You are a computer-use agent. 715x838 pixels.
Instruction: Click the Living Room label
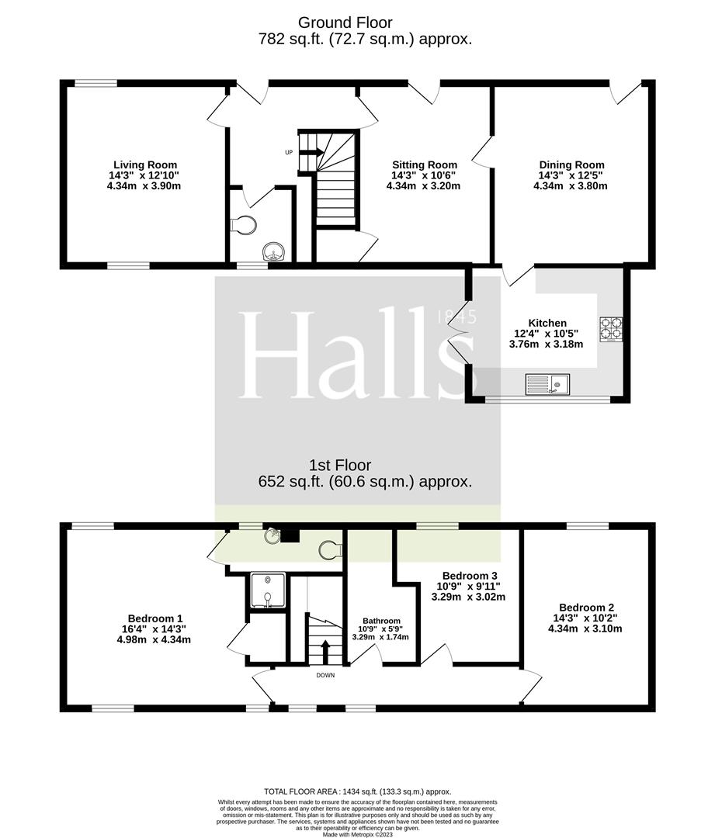point(145,165)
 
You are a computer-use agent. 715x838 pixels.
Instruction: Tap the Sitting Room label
point(424,165)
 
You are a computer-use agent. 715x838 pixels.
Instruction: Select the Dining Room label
point(571,165)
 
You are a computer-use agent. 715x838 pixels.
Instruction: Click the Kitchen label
point(547,323)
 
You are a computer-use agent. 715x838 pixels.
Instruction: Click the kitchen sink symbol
point(547,383)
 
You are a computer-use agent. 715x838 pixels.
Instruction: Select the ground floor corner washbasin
point(274,251)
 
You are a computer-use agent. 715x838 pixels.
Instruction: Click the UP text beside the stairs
point(289,152)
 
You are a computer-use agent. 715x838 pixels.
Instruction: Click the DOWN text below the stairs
point(325,675)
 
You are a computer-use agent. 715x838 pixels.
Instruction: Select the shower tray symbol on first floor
point(266,590)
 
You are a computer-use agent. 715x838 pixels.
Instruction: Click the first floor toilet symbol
point(330,549)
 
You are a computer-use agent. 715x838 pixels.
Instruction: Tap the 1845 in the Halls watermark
point(456,317)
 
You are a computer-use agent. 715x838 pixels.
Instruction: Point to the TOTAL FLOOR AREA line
point(357,791)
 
